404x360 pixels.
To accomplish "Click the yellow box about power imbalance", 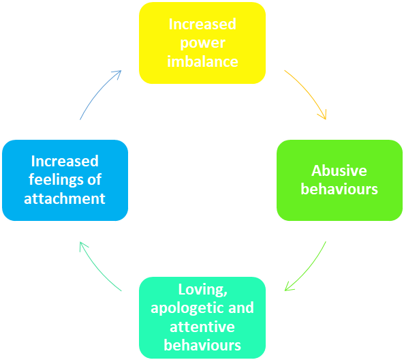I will (x=202, y=43).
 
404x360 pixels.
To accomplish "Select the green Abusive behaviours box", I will (x=339, y=180).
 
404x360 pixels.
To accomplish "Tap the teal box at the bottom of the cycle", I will (x=202, y=317).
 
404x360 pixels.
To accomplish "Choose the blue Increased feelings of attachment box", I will (x=65, y=180).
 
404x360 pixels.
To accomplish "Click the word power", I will (x=202, y=43).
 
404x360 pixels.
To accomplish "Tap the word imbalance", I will (x=202, y=61).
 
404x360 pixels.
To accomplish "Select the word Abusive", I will (x=339, y=170).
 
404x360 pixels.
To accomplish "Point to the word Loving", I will (x=202, y=289).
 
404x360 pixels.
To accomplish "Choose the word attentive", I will (x=202, y=327).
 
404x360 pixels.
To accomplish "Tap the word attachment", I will (x=65, y=198).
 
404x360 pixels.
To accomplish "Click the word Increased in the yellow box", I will (x=202, y=25).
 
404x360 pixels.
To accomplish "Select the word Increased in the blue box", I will (x=65, y=162).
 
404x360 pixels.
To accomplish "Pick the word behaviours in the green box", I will (x=339, y=189).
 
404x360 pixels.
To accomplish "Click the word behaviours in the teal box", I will (x=202, y=345).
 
